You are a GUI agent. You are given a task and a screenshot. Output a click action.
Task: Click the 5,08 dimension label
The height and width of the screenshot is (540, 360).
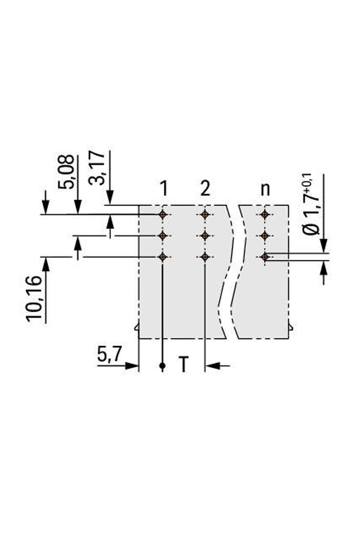[66, 172]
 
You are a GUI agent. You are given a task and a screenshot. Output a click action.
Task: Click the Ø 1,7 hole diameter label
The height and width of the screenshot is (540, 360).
[310, 204]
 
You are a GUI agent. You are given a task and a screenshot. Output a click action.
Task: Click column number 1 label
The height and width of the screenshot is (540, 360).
[164, 189]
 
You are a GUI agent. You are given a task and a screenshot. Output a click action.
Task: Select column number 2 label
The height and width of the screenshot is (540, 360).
[205, 189]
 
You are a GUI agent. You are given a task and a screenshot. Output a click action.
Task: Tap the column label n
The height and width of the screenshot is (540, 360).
[265, 190]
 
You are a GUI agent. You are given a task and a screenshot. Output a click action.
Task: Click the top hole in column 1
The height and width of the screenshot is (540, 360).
[163, 214]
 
